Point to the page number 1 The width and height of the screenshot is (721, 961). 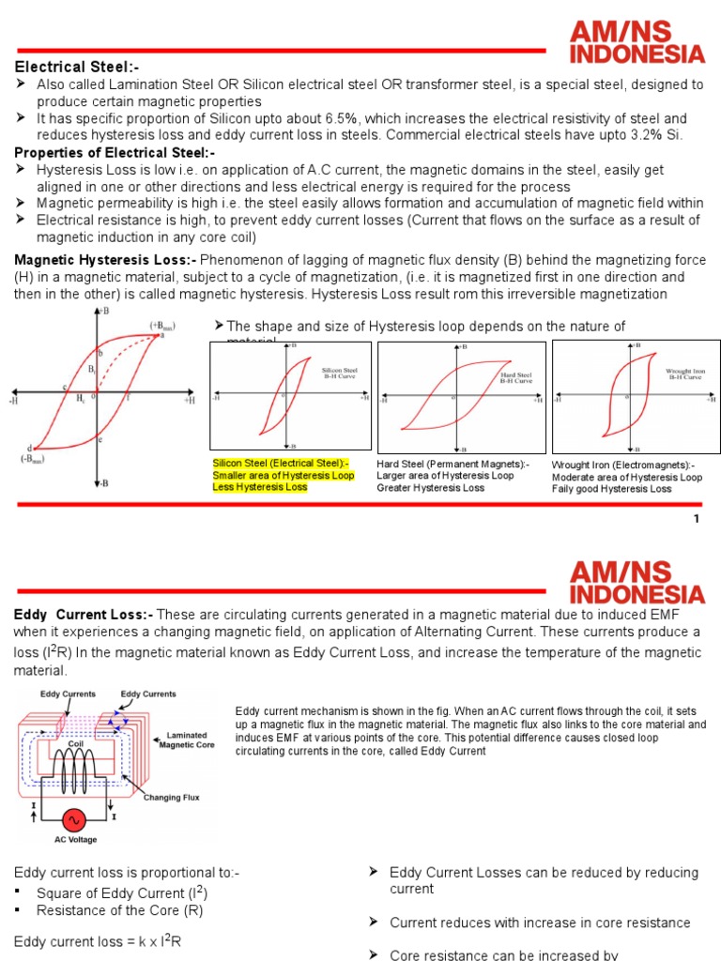point(696,520)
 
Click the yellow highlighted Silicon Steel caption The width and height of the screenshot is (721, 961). point(283,475)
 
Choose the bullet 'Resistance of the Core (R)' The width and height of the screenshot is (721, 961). point(119,910)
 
